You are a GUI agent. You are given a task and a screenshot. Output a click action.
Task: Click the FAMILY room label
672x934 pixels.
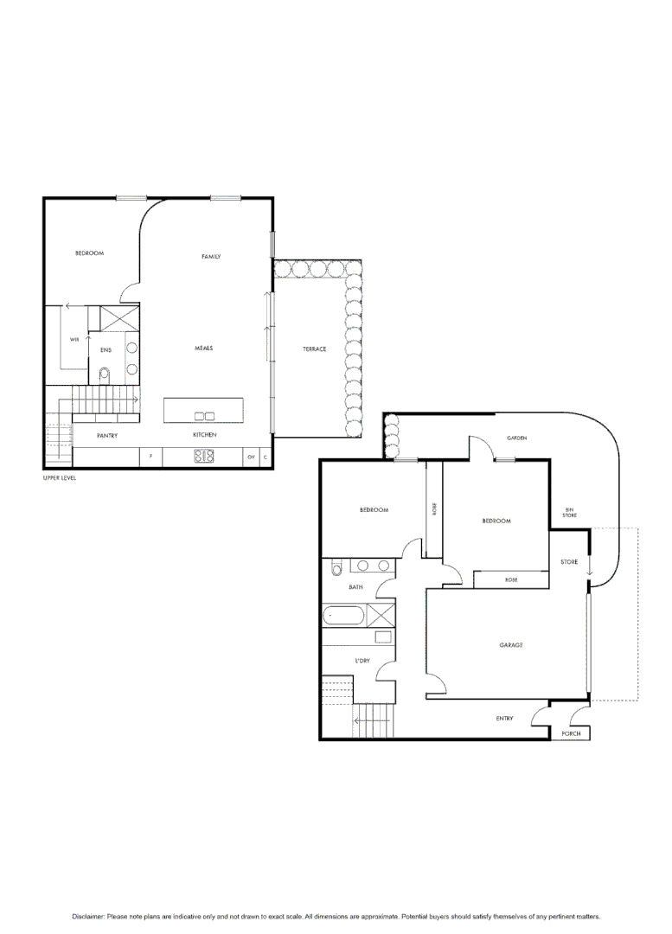tap(211, 257)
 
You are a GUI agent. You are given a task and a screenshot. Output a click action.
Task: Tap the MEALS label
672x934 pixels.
tap(203, 348)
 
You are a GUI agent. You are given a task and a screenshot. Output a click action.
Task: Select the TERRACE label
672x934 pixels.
tap(314, 349)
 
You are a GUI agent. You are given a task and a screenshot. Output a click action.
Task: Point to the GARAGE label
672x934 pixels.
tap(510, 645)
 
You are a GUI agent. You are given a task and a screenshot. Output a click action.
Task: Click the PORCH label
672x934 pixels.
tap(571, 734)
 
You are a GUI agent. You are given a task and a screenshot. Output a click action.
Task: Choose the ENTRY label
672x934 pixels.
tap(504, 719)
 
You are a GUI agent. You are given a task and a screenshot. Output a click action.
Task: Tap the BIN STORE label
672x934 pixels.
tap(570, 513)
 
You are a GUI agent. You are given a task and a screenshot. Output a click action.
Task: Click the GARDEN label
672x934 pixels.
tap(516, 438)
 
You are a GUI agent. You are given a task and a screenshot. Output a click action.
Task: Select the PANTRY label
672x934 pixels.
tap(107, 435)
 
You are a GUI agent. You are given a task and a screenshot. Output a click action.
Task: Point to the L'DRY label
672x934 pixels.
tap(362, 661)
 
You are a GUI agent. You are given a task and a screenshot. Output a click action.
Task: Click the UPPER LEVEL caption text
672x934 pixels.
tap(60, 478)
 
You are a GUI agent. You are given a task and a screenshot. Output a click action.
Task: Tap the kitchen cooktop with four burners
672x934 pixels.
tap(204, 456)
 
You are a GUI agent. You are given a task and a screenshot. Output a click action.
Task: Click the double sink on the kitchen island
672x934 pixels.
tap(204, 416)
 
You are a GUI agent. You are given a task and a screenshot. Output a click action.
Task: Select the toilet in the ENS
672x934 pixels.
tap(105, 374)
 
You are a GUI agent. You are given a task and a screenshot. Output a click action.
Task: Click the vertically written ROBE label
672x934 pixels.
tap(434, 510)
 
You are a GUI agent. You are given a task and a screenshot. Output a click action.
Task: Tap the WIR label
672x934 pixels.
tap(74, 340)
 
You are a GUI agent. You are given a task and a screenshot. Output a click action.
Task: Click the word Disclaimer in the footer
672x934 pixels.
tap(88, 916)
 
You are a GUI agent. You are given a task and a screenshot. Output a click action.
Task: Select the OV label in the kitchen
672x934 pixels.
tap(251, 456)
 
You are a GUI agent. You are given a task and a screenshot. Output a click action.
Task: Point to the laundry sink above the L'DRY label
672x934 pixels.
tap(382, 637)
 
